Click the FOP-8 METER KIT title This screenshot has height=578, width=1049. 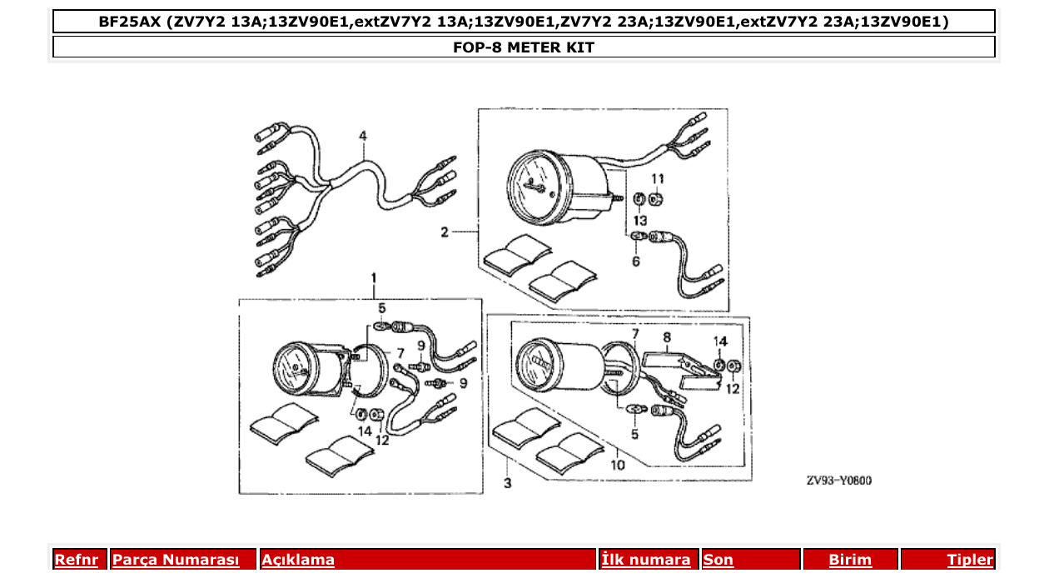tap(523, 47)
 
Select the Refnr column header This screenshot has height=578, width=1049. tap(76, 561)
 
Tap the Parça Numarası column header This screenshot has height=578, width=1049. tap(175, 561)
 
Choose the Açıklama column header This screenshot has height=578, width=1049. tap(298, 561)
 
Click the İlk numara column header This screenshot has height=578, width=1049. tap(646, 561)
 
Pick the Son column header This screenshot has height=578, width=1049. tap(718, 561)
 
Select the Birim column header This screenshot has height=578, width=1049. tap(849, 561)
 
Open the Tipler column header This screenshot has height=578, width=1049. tap(969, 561)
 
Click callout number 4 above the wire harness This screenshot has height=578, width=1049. tap(363, 136)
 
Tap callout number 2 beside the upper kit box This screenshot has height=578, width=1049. tap(445, 232)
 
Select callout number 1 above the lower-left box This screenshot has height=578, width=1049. tap(374, 277)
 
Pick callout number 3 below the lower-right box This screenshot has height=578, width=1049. tap(507, 483)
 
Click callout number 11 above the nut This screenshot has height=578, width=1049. tap(658, 179)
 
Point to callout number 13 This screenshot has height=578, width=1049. tap(639, 220)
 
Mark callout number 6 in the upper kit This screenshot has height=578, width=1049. tap(635, 261)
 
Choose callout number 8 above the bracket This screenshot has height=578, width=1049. tap(666, 338)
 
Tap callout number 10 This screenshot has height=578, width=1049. tap(617, 465)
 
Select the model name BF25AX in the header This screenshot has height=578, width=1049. tap(129, 22)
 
